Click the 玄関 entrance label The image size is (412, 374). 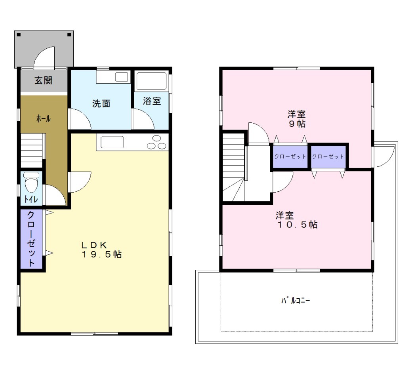point(44,80)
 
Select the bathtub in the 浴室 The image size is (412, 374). point(152,81)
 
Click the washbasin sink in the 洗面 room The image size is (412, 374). point(121,77)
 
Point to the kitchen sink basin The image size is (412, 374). point(112,142)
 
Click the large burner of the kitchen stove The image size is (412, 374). point(151,146)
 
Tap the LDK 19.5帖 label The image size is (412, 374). point(101,250)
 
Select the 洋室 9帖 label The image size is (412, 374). point(297,119)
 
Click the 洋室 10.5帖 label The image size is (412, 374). point(297,220)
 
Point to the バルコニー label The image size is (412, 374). point(296,300)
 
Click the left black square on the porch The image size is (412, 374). point(19,34)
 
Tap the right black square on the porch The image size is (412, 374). point(69,34)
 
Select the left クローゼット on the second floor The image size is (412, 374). point(290,156)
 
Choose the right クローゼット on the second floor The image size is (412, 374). point(328,156)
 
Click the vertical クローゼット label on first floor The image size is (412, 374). point(31,239)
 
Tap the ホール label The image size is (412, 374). point(43,118)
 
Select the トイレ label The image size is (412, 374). point(31,199)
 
